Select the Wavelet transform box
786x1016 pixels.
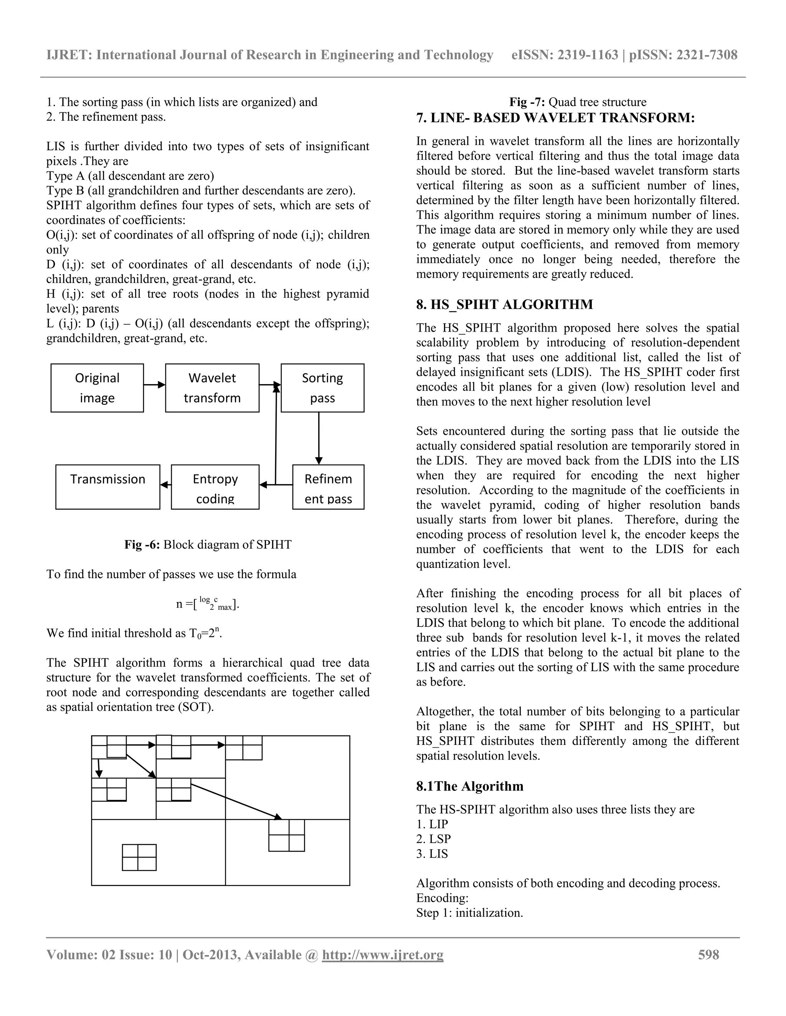212,388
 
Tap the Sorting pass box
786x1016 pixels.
322,388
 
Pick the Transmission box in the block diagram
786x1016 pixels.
107,487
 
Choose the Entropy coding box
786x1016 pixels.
215,487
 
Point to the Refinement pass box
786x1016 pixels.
328,487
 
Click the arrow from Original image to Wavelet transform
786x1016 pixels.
154,385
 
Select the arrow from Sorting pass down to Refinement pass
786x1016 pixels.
319,438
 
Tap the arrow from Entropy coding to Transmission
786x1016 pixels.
166,485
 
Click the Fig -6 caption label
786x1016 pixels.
208,544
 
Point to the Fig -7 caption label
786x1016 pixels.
577,102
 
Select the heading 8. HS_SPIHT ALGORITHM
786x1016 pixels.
505,305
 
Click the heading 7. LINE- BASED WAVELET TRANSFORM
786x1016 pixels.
555,118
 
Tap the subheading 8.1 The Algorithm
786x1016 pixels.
470,786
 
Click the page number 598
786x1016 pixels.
708,955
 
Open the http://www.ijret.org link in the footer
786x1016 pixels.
382,955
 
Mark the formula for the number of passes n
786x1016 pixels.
208,603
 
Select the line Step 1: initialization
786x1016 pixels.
469,913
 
